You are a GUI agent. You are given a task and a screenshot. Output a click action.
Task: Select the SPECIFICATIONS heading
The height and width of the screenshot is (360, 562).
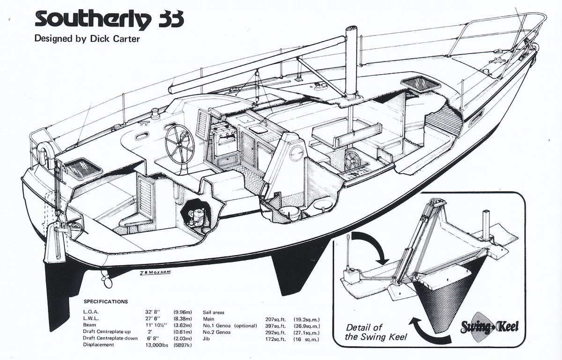point(105,301)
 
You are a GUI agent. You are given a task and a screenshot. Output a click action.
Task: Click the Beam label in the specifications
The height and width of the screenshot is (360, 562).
point(90,324)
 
